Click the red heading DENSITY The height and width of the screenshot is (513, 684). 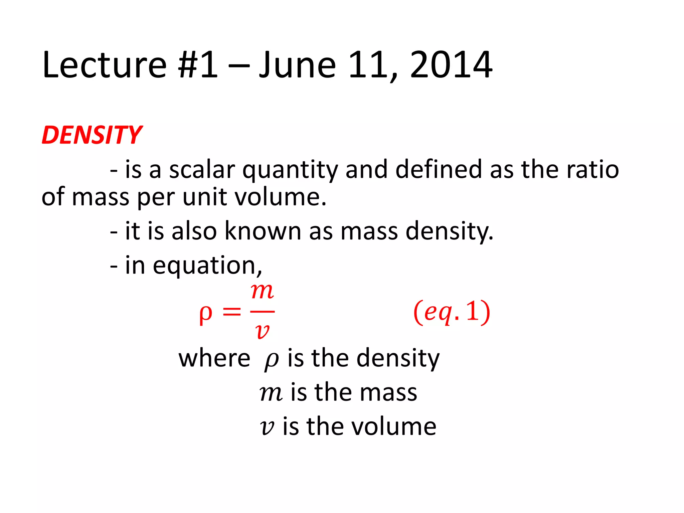point(92,135)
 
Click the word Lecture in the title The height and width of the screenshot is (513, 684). point(104,65)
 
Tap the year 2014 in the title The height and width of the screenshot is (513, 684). point(451,65)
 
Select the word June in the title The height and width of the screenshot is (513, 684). point(297,65)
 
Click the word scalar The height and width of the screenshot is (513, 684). point(202,170)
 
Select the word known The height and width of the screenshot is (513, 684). point(263,231)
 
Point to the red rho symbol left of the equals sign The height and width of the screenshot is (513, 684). point(205,314)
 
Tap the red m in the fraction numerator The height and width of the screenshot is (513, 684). point(263,292)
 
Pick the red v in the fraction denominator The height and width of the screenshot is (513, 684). point(262,332)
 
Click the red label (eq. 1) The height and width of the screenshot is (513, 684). point(452,312)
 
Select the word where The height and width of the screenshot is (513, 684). point(214,358)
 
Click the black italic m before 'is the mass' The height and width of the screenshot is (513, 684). point(271,393)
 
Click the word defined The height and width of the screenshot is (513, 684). point(439,169)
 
